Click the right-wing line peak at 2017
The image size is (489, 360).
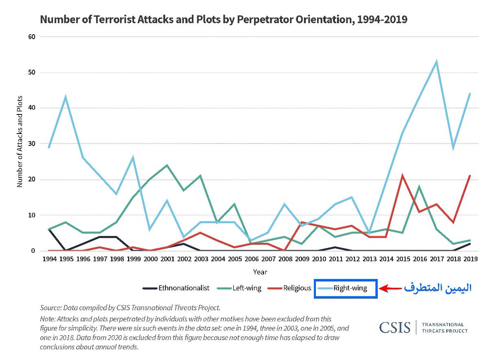pos(436,62)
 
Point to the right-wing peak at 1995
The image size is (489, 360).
pos(65,97)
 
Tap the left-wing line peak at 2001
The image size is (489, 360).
pos(167,165)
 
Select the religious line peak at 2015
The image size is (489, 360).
pos(403,176)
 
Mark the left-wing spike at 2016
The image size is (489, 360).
pos(419,187)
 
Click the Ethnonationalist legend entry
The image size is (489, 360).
pos(176,288)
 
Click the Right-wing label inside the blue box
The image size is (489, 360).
pos(350,288)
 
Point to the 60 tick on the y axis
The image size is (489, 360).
pos(32,37)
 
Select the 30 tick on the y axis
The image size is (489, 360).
pos(32,144)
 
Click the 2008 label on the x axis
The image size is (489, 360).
pos(284,259)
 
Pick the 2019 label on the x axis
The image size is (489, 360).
pos(470,259)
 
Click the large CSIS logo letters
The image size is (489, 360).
pos(394,327)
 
